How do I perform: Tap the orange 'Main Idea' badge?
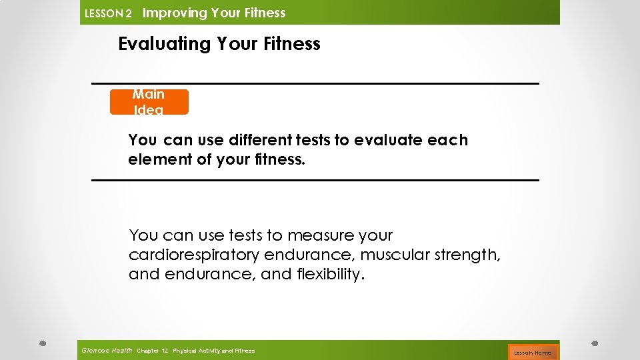pos(149,102)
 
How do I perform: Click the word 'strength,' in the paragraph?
pos(467,255)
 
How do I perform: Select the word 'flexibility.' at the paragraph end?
pos(329,274)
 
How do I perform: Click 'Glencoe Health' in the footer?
pos(107,350)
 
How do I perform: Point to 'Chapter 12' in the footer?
pos(152,351)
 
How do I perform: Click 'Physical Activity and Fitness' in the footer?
pos(213,351)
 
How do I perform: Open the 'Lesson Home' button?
pos(532,352)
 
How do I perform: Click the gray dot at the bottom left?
pos(42,343)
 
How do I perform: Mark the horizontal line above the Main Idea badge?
pos(315,83)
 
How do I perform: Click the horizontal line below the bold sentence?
pos(315,180)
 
